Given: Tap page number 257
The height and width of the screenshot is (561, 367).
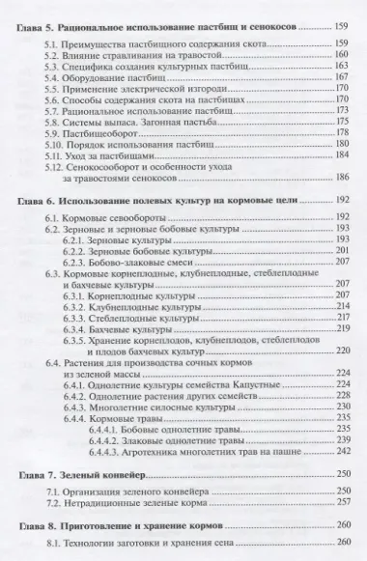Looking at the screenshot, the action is (341, 504).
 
